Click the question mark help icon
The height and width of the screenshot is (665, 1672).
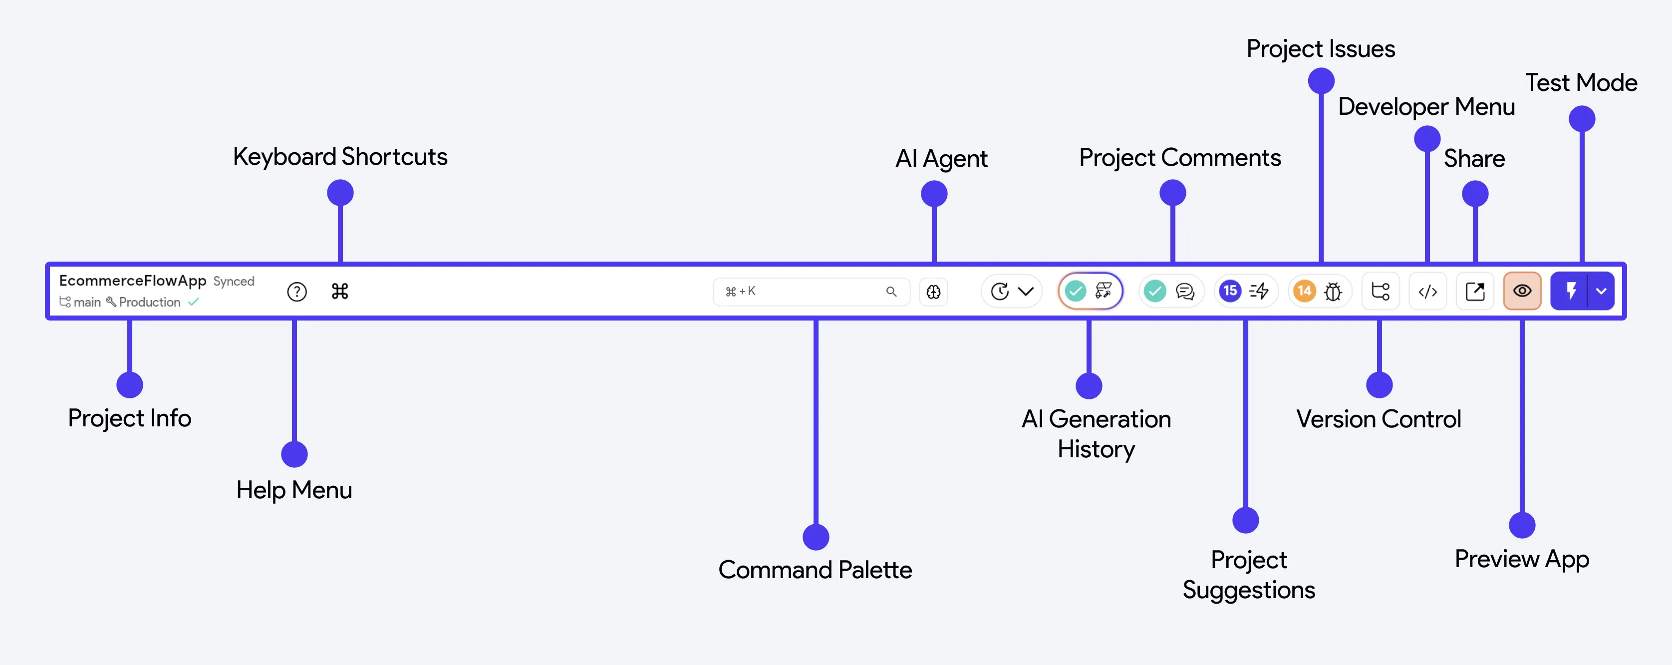pyautogui.click(x=296, y=292)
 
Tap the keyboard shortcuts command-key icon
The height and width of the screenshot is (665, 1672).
pyautogui.click(x=340, y=291)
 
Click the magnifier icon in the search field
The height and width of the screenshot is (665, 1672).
pyautogui.click(x=891, y=292)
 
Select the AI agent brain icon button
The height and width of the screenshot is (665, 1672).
pyautogui.click(x=933, y=292)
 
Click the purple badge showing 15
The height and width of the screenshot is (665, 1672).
pyautogui.click(x=1229, y=291)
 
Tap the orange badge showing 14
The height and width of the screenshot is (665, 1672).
pyautogui.click(x=1304, y=291)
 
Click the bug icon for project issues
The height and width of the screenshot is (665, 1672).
pyautogui.click(x=1333, y=292)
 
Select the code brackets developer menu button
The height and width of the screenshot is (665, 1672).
pyautogui.click(x=1427, y=292)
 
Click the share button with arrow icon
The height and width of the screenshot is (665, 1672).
pyautogui.click(x=1475, y=292)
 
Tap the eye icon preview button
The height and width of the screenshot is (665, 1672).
pyautogui.click(x=1522, y=291)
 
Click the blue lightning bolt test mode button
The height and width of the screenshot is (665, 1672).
pyautogui.click(x=1570, y=291)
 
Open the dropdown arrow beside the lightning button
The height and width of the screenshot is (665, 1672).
pyautogui.click(x=1601, y=291)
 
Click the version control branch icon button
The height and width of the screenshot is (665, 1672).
pyautogui.click(x=1380, y=292)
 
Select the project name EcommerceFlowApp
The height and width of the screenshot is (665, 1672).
pyautogui.click(x=132, y=281)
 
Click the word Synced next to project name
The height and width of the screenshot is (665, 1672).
pyautogui.click(x=234, y=281)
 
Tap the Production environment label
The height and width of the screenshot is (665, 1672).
pyautogui.click(x=150, y=302)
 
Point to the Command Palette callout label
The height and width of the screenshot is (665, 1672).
pyautogui.click(x=815, y=570)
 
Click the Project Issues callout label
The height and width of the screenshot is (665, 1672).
pyautogui.click(x=1321, y=49)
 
